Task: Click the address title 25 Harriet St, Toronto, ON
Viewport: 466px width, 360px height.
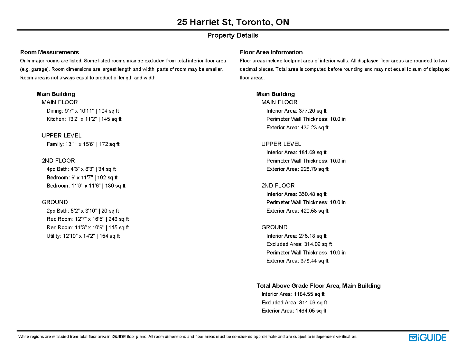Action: pos(233,22)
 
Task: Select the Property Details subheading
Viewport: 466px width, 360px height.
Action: pos(233,35)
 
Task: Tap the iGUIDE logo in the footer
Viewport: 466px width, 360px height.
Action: pos(428,338)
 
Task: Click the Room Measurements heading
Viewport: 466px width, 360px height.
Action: pos(50,52)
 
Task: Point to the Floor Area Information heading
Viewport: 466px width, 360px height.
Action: pos(271,52)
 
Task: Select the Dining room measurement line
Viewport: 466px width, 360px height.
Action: pos(83,111)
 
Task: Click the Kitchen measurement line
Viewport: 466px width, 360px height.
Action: pos(84,119)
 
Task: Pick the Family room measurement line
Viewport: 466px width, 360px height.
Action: pos(83,144)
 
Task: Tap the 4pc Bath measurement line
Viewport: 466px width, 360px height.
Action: pos(81,169)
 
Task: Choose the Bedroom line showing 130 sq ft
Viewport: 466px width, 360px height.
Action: pos(86,186)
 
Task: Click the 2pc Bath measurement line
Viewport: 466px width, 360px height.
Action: pos(83,211)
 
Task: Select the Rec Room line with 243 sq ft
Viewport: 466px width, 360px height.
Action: pos(88,219)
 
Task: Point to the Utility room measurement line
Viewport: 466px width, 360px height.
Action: pos(83,236)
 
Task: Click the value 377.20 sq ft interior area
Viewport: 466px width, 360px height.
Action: pos(313,111)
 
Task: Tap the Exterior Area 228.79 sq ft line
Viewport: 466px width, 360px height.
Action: pos(297,169)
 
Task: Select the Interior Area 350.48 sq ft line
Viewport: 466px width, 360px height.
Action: pos(296,194)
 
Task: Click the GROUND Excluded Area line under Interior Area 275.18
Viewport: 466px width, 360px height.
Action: pos(299,244)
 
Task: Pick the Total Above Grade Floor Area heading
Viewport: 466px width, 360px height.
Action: pos(318,286)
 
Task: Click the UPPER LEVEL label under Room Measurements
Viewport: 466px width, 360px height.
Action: pos(61,135)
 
